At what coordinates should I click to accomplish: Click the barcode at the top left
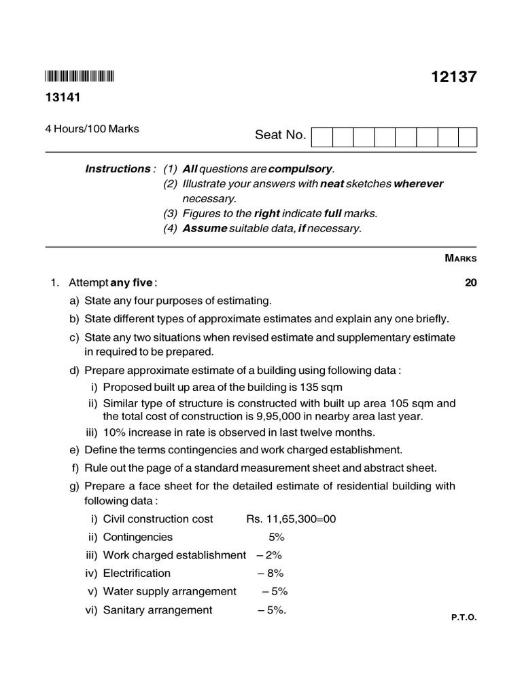click(x=80, y=76)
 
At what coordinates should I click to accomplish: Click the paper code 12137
click(x=453, y=77)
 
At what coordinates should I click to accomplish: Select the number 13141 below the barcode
click(x=63, y=98)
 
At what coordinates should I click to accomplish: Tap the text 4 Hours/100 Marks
click(x=92, y=129)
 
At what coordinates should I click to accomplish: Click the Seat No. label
click(x=280, y=136)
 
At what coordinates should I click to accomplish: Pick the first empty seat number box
click(x=322, y=136)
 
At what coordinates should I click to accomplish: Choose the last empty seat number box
click(x=468, y=136)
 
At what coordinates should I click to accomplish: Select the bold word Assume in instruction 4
click(x=204, y=229)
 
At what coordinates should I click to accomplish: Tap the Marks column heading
click(x=460, y=259)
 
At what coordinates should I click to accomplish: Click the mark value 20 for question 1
click(x=470, y=283)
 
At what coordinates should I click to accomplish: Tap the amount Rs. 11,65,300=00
click(x=291, y=519)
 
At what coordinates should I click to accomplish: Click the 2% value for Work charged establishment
click(x=270, y=555)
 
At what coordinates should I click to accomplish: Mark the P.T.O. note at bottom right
click(x=464, y=618)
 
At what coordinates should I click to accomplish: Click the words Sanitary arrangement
click(x=158, y=610)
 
